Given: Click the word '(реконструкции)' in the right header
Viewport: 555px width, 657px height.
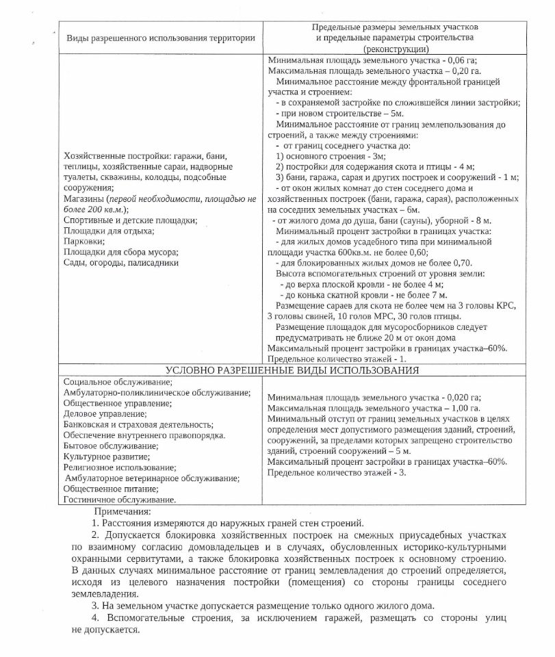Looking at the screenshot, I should [397, 49].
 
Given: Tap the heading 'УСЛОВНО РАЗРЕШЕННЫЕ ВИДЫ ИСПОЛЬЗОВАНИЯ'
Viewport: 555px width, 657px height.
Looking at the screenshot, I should [292, 370].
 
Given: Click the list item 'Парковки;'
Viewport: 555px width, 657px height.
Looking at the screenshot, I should [84, 241].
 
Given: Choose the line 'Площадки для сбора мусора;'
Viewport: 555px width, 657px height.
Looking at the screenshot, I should [120, 251].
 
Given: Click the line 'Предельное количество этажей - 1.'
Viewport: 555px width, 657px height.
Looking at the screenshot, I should [337, 359].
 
